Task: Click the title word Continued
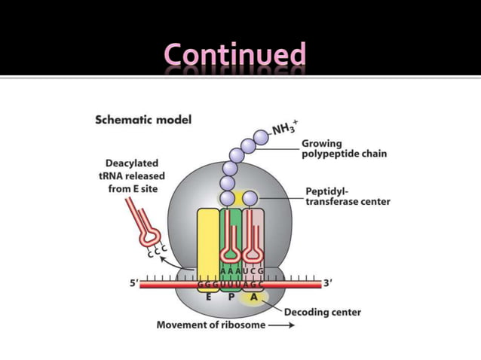(x=234, y=56)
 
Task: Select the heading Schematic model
(x=143, y=120)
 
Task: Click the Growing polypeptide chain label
(x=344, y=148)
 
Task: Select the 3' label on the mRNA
(x=328, y=284)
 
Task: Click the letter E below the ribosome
(x=208, y=297)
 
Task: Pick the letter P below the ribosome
(x=231, y=297)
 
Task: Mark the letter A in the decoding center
(x=254, y=297)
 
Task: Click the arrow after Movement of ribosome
(x=280, y=325)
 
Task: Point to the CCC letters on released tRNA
(x=157, y=253)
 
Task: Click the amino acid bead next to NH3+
(x=261, y=137)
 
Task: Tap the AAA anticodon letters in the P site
(x=230, y=270)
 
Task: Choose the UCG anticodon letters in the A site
(x=253, y=270)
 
